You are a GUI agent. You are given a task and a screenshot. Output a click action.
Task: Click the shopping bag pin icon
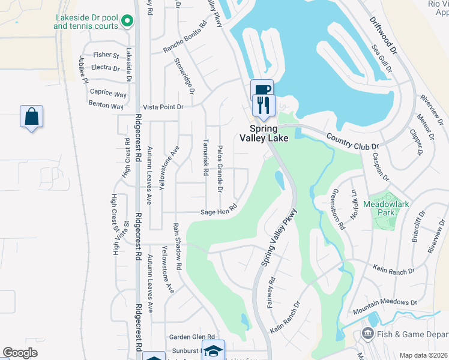pos(31,116)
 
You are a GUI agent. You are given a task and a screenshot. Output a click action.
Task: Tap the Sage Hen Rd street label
pos(219,211)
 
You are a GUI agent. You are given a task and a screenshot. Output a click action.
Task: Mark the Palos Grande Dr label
pos(220,169)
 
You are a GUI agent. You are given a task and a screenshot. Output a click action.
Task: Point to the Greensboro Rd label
pos(339,209)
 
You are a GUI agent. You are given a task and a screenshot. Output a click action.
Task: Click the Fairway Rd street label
pos(271,293)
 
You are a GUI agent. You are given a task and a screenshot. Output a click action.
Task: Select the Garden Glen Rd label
pos(191,337)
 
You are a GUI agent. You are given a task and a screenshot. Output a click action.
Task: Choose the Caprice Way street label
pos(108,94)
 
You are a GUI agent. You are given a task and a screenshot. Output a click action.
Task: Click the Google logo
pos(20,353)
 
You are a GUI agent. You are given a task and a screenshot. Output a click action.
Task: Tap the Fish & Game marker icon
pos(367,333)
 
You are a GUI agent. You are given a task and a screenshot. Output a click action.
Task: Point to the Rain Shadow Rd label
pos(178,241)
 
